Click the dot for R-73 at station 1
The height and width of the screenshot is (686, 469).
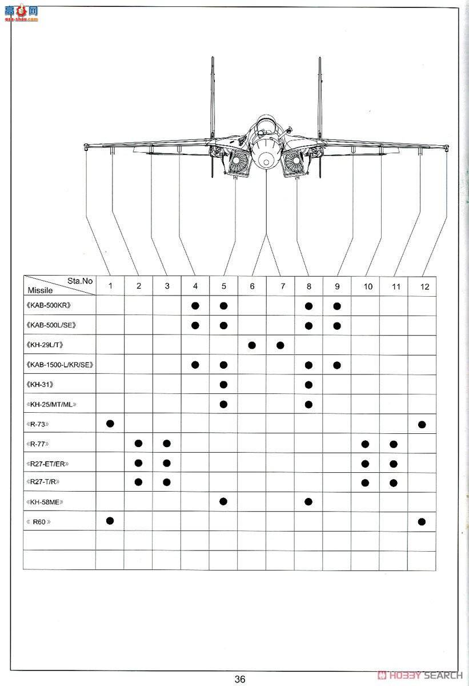[110, 423]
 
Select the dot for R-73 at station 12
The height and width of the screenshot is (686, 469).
[422, 424]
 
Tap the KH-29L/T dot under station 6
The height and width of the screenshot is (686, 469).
[252, 345]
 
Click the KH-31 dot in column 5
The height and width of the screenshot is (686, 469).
[223, 384]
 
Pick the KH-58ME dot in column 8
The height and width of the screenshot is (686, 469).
[308, 501]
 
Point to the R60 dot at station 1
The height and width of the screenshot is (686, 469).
[110, 520]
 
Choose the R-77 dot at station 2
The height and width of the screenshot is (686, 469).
[138, 444]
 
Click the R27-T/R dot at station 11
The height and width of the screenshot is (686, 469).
[394, 483]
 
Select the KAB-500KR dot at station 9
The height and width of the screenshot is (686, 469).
[337, 306]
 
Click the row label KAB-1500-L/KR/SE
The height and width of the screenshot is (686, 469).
[59, 365]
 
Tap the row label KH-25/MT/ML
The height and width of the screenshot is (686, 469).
[51, 405]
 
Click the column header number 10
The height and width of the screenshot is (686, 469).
[367, 286]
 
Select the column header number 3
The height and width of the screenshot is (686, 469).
[167, 286]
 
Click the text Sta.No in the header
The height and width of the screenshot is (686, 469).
[80, 281]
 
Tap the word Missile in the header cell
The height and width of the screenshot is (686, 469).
[40, 290]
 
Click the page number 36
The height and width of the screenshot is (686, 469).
[239, 679]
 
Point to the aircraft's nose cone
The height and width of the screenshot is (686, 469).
[266, 159]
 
